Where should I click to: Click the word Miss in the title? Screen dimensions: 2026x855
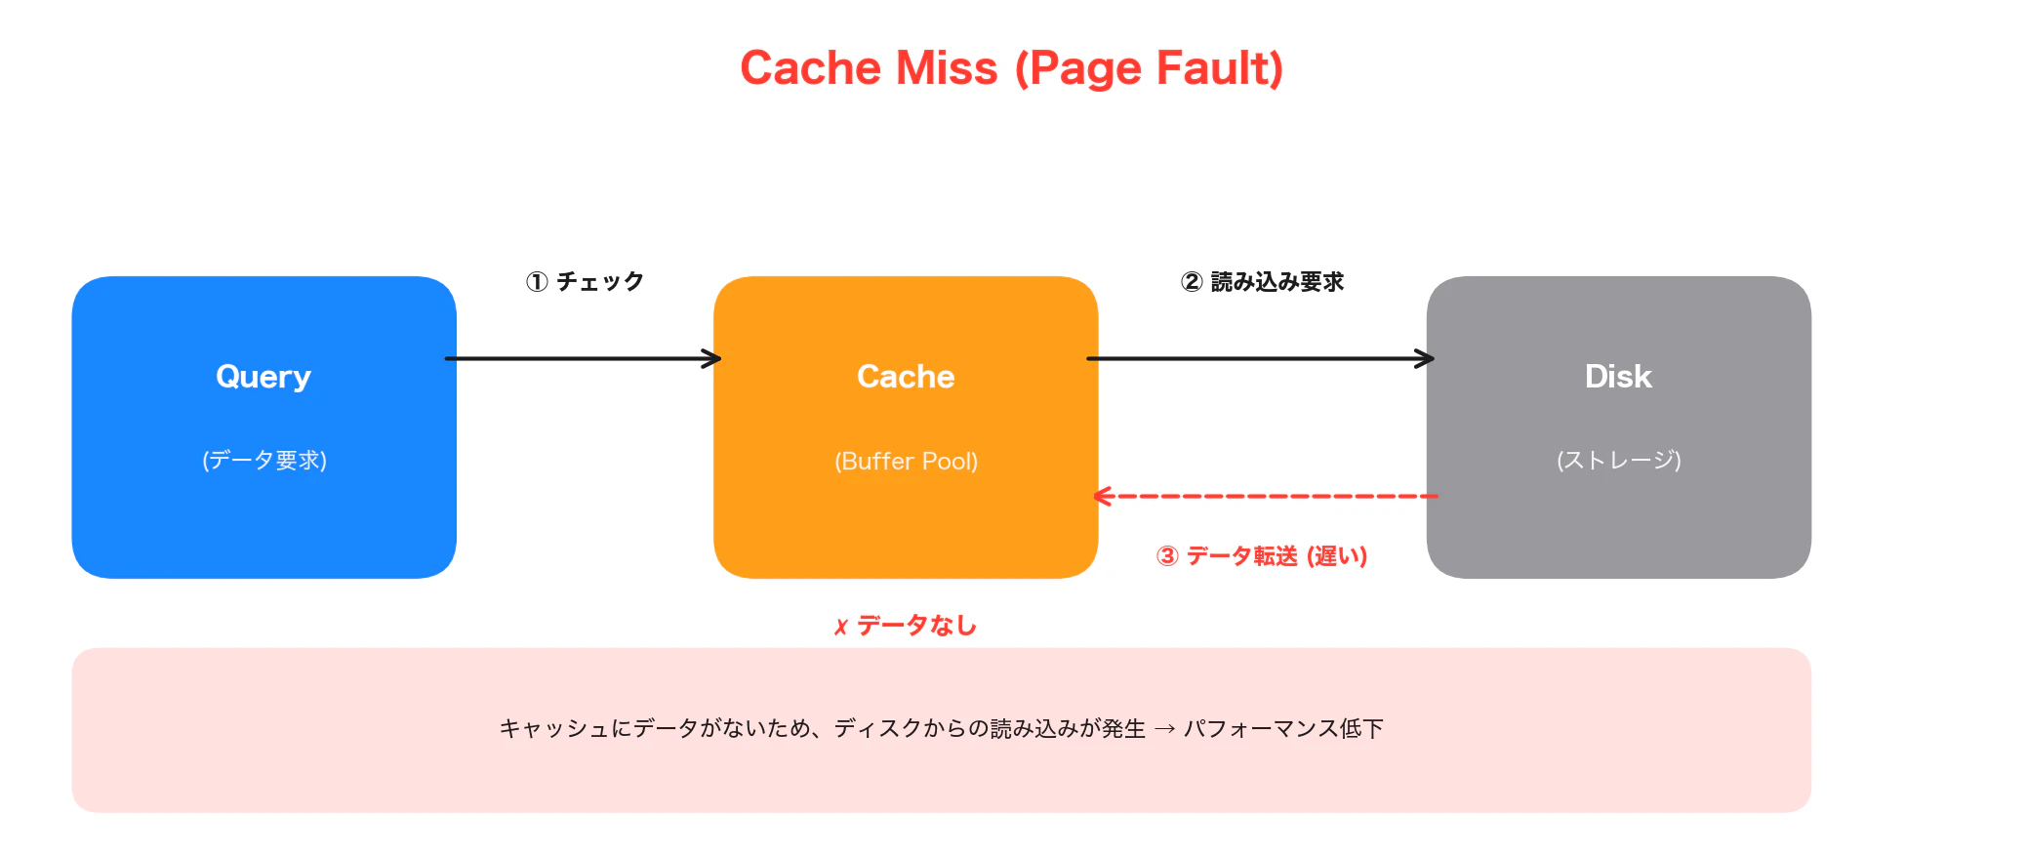pos(947,68)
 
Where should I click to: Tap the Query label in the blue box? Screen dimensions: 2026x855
pos(263,377)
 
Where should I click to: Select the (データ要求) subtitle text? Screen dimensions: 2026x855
pos(264,461)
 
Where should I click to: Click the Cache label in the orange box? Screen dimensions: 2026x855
pos(906,377)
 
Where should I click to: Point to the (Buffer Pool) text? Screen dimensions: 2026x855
pos(906,461)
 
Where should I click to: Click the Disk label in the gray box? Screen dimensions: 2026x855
pos(1618,377)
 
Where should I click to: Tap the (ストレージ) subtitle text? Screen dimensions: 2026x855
pos(1619,461)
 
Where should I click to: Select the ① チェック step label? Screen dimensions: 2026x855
pos(585,282)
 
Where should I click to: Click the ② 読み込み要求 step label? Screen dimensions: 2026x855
pos(1262,282)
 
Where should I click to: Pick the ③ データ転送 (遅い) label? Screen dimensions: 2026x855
pos(1262,556)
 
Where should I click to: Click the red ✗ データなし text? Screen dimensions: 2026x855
pos(906,626)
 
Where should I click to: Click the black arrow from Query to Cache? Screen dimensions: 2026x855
pos(584,359)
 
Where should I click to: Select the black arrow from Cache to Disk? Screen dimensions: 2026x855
pos(1261,359)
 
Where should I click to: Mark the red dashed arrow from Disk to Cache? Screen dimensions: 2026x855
pos(1266,497)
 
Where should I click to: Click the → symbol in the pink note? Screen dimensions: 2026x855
pos(1164,729)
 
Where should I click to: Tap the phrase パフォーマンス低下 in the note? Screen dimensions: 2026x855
pos(1283,729)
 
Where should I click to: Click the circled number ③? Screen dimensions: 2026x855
pos(1167,556)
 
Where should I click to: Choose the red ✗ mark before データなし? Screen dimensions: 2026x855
pos(841,627)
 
